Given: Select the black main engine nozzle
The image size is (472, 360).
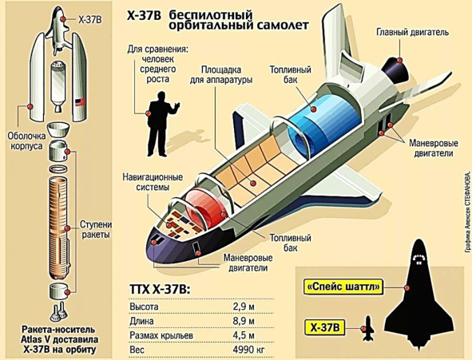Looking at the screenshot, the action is (396, 69).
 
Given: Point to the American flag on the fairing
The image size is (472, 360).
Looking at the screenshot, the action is (80, 102).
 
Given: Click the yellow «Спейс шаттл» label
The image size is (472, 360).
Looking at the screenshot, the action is (343, 287).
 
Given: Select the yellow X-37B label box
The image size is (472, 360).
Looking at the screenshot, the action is (325, 327).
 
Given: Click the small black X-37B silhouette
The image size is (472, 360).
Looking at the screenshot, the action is (367, 328).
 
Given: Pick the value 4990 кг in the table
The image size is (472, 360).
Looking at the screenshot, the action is (248, 350).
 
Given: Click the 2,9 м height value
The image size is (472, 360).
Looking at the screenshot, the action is (244, 307).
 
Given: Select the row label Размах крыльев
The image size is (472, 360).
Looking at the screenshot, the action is (161, 335).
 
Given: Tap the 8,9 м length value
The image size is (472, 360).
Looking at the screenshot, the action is (244, 321).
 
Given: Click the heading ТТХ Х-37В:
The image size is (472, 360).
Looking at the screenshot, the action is (160, 289).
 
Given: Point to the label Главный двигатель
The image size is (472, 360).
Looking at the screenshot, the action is (412, 32).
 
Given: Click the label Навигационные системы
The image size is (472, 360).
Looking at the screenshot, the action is (153, 182).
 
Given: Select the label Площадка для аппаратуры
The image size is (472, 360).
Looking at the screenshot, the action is (221, 75).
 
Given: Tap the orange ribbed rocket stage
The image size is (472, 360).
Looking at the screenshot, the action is (58, 228).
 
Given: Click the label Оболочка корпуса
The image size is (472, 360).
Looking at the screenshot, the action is (27, 141).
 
